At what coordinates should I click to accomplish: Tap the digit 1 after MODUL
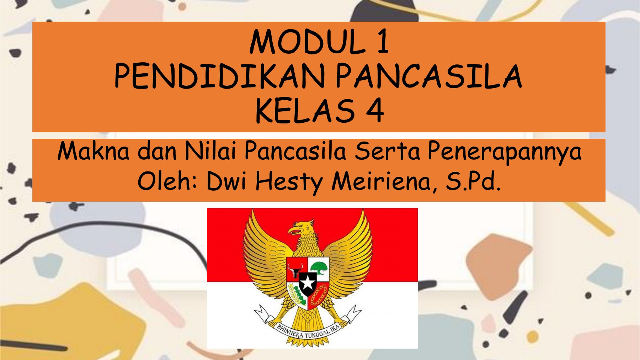coord(383,42)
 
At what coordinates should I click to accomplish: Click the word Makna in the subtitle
coord(94,151)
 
